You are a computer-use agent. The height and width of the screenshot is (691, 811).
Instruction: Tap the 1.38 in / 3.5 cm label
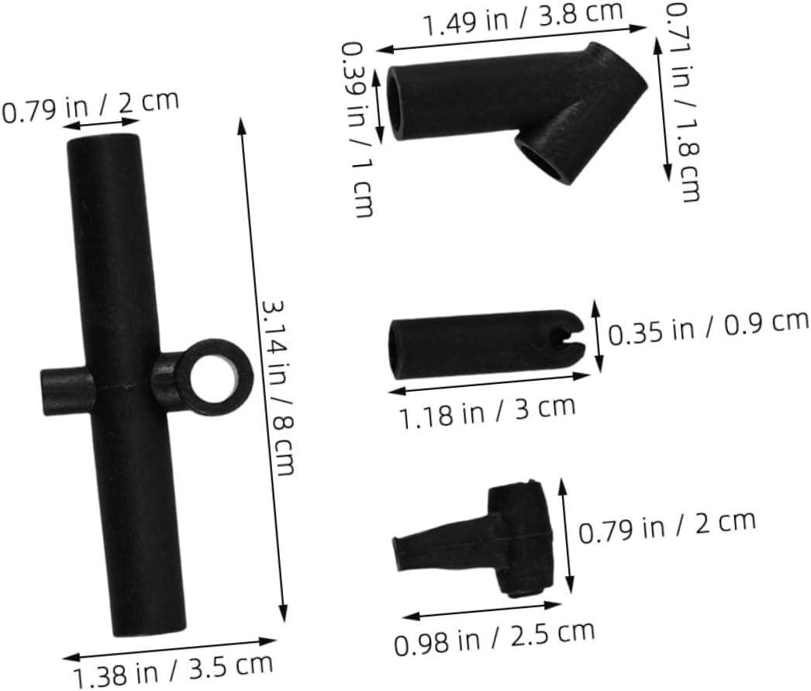173,672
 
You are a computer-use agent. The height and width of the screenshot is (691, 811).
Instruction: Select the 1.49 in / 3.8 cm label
523,19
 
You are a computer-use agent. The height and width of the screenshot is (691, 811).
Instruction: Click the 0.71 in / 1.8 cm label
682,102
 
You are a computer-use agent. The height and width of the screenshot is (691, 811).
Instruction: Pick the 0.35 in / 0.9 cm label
708,328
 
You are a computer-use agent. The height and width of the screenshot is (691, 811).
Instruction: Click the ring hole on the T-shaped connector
215,377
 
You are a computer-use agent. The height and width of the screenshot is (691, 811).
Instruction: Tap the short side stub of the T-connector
67,391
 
